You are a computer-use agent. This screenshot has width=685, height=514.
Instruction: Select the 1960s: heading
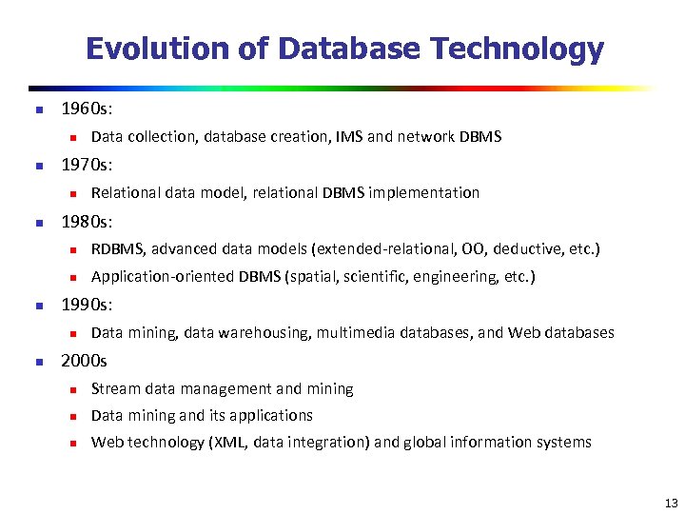coord(87,109)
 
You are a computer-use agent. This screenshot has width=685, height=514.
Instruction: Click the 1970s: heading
coord(87,166)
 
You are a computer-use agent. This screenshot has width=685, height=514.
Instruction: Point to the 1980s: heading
coord(87,222)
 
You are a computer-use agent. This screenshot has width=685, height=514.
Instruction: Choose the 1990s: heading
coord(87,306)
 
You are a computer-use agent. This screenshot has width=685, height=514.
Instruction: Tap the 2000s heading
coord(85,361)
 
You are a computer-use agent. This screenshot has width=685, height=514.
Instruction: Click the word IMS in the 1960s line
coord(348,137)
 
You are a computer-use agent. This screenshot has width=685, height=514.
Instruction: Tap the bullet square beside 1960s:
coord(39,110)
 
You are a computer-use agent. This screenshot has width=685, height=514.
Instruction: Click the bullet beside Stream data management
coord(71,389)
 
